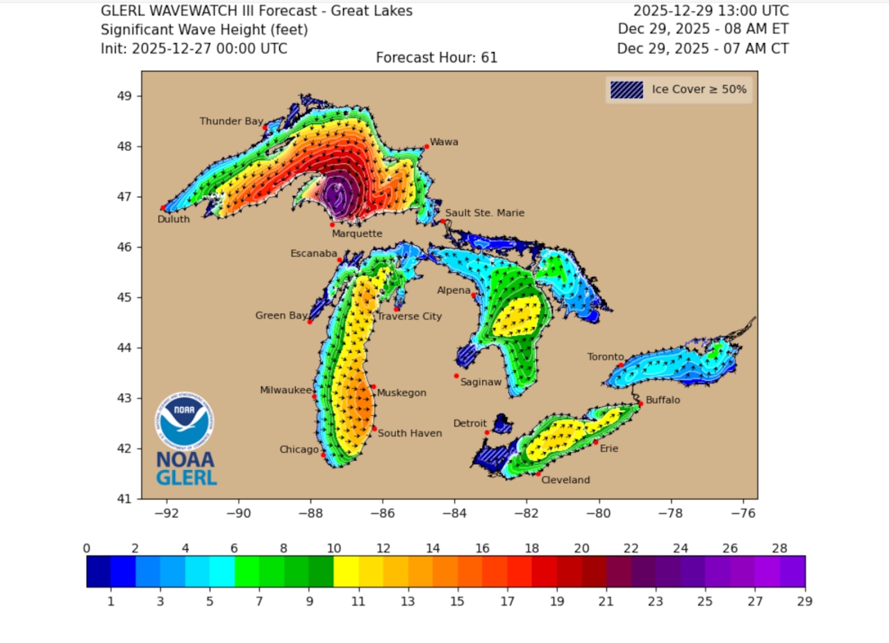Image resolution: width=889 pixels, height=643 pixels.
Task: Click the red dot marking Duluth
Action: point(163,208)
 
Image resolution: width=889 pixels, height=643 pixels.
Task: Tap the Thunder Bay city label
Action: point(231,121)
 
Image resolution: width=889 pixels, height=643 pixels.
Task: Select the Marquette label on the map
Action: point(357,234)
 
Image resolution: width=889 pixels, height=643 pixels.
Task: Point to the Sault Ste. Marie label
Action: point(485,213)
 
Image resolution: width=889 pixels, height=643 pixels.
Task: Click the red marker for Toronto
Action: point(622,365)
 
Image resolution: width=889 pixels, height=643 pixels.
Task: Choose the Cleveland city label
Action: point(565,480)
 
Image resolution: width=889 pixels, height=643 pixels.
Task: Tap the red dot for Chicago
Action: point(323,455)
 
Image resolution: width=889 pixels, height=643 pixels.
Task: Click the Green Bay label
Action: point(281,315)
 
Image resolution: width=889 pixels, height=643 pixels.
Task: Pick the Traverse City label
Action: point(409,317)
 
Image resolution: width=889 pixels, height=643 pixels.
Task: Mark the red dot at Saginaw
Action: point(456,376)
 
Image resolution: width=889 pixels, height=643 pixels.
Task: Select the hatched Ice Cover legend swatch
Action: point(626,90)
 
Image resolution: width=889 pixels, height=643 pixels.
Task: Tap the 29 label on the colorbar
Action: point(805,601)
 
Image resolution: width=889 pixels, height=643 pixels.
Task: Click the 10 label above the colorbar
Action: point(333,548)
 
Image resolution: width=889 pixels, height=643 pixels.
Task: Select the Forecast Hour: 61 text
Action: point(437,58)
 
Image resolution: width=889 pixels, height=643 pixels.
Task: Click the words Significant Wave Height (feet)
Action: point(204,30)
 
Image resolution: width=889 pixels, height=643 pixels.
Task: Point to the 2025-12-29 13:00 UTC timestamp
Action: point(711,11)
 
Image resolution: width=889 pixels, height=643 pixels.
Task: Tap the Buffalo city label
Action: point(663,401)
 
